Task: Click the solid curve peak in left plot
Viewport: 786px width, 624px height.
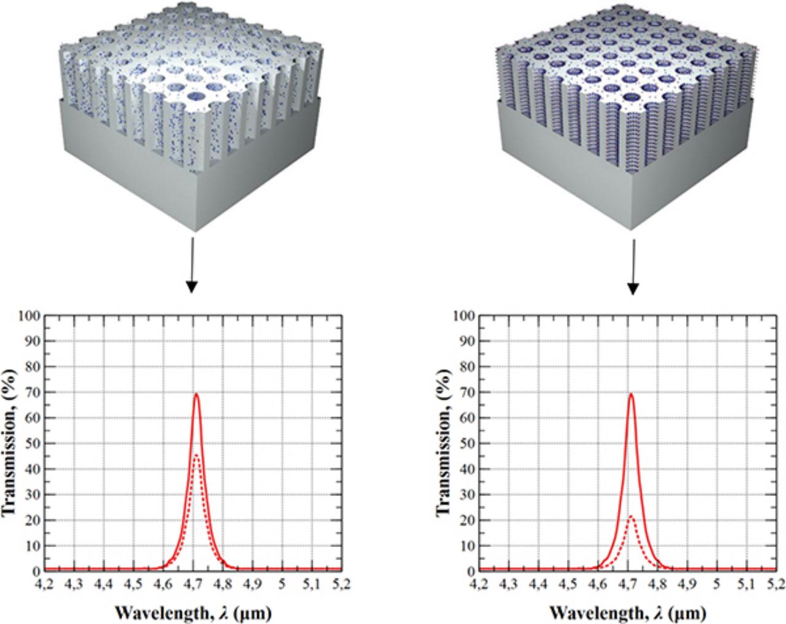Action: click(x=196, y=394)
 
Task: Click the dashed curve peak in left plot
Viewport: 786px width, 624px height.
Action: click(x=196, y=455)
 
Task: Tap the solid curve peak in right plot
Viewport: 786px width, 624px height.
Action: click(x=631, y=394)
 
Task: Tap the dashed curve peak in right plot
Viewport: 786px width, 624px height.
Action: click(x=631, y=516)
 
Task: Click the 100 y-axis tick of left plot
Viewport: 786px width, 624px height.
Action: click(x=32, y=316)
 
